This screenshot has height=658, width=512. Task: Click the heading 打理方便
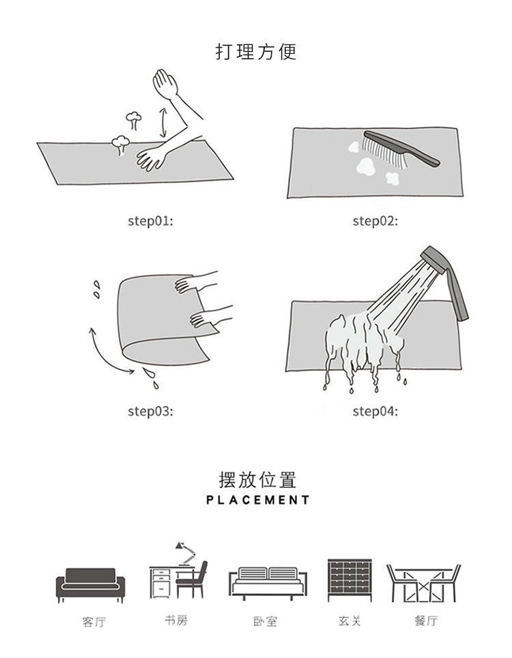pos(256,52)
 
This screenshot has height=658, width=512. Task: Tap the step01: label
pos(150,221)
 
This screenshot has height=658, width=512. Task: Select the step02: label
pos(375,221)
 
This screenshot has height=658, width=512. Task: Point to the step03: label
pos(150,411)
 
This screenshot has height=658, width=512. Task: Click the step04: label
pos(375,411)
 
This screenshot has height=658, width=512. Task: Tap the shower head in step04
pos(447,280)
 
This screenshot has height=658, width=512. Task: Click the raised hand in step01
pos(166,85)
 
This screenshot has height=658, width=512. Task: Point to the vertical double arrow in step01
pos(162,121)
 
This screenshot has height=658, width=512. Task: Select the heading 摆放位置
pos(257,479)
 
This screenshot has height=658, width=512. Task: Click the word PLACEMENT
pos(257,500)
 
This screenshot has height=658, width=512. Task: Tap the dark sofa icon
pos(91,583)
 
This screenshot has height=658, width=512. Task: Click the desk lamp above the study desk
pos(184,550)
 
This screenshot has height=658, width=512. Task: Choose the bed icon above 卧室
pos(268,583)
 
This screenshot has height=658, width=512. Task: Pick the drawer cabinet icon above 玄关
pos(349,580)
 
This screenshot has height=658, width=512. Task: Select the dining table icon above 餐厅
pos(423,583)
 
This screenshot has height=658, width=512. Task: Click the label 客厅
pos(94,622)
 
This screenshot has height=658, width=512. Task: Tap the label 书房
pos(175,620)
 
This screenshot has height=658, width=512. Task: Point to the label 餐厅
pos(425,620)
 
